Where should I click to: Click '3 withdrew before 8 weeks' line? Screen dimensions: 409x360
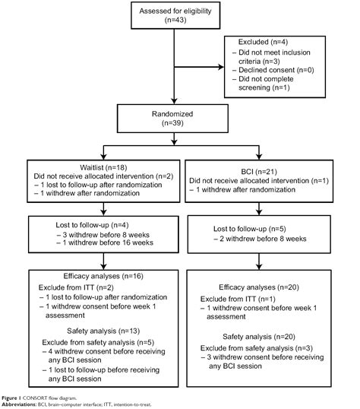(x=92, y=235)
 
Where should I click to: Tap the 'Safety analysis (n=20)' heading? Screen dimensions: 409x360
(x=260, y=336)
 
